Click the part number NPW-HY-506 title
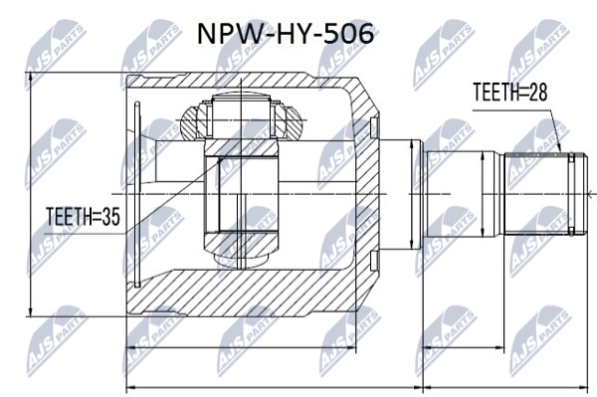point(286,34)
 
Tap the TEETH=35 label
point(83,217)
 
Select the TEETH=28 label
point(510,92)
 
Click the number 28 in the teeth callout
point(538,92)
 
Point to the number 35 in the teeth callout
point(110,217)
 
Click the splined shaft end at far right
point(545,194)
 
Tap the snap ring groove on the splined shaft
point(571,194)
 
